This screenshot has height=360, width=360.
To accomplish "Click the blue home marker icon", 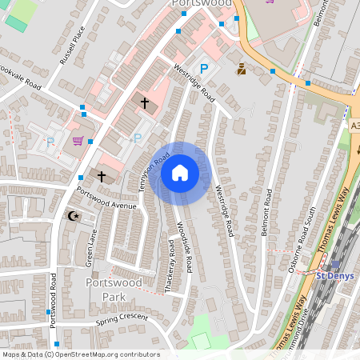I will coord(180,173).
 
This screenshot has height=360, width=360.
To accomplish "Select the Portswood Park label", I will coord(113,289).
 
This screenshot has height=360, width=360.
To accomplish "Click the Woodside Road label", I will coord(185,246).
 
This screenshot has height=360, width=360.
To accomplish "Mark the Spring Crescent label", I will coord(122,319).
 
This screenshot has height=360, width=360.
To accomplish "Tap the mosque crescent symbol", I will coord(74,216).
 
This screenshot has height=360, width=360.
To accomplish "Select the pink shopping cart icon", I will coord(78,142).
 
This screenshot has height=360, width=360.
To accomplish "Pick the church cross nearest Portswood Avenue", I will coord(102,175).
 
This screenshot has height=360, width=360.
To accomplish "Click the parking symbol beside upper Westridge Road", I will coord(204,69).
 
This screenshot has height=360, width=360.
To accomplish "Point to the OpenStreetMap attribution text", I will coord(80,354).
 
